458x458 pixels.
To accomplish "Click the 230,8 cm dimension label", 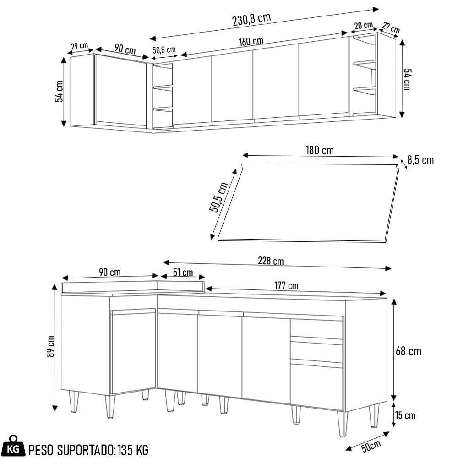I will (x=251, y=19).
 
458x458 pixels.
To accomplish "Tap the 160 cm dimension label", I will (x=251, y=41).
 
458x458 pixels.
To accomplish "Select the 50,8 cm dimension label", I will (x=164, y=49).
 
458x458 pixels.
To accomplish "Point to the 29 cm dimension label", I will (x=79, y=46).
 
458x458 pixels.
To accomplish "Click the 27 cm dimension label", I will (x=391, y=27).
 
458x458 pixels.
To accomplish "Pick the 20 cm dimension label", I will (x=363, y=26).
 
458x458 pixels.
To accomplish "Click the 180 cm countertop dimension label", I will (x=319, y=150).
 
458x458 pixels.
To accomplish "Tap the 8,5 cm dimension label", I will (x=420, y=160).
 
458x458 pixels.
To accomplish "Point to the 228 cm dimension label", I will (x=271, y=261).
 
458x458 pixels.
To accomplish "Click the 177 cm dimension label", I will (x=286, y=286).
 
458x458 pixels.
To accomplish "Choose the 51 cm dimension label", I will (x=183, y=273).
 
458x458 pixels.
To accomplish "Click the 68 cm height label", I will (x=409, y=351).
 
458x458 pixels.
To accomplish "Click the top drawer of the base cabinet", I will (x=316, y=328).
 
